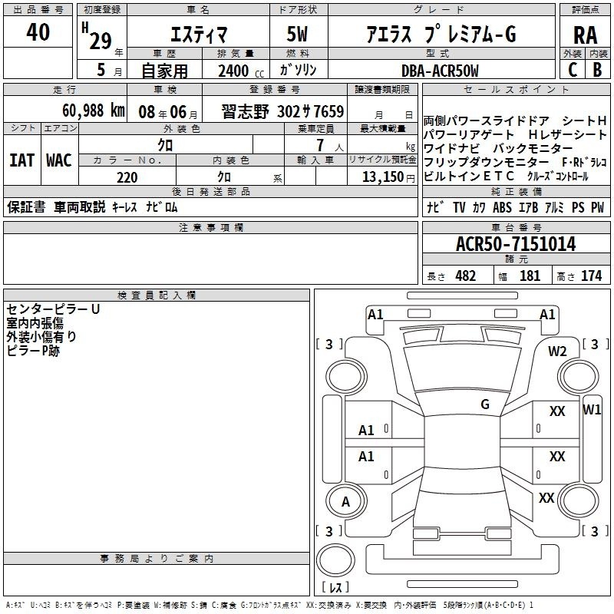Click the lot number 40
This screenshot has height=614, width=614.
[x=38, y=32]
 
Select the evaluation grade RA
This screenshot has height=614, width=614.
[x=585, y=35]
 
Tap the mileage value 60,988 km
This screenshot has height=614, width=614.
[x=94, y=111]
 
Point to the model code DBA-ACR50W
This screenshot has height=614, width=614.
[x=440, y=71]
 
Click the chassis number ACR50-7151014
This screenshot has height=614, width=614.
[x=516, y=244]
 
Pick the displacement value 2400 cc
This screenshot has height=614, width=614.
[x=241, y=71]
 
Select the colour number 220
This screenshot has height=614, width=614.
[x=127, y=177]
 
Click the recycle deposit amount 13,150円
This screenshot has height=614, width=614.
[x=388, y=177]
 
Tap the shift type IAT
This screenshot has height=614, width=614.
[x=21, y=160]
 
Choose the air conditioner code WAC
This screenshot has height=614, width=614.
[x=59, y=160]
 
